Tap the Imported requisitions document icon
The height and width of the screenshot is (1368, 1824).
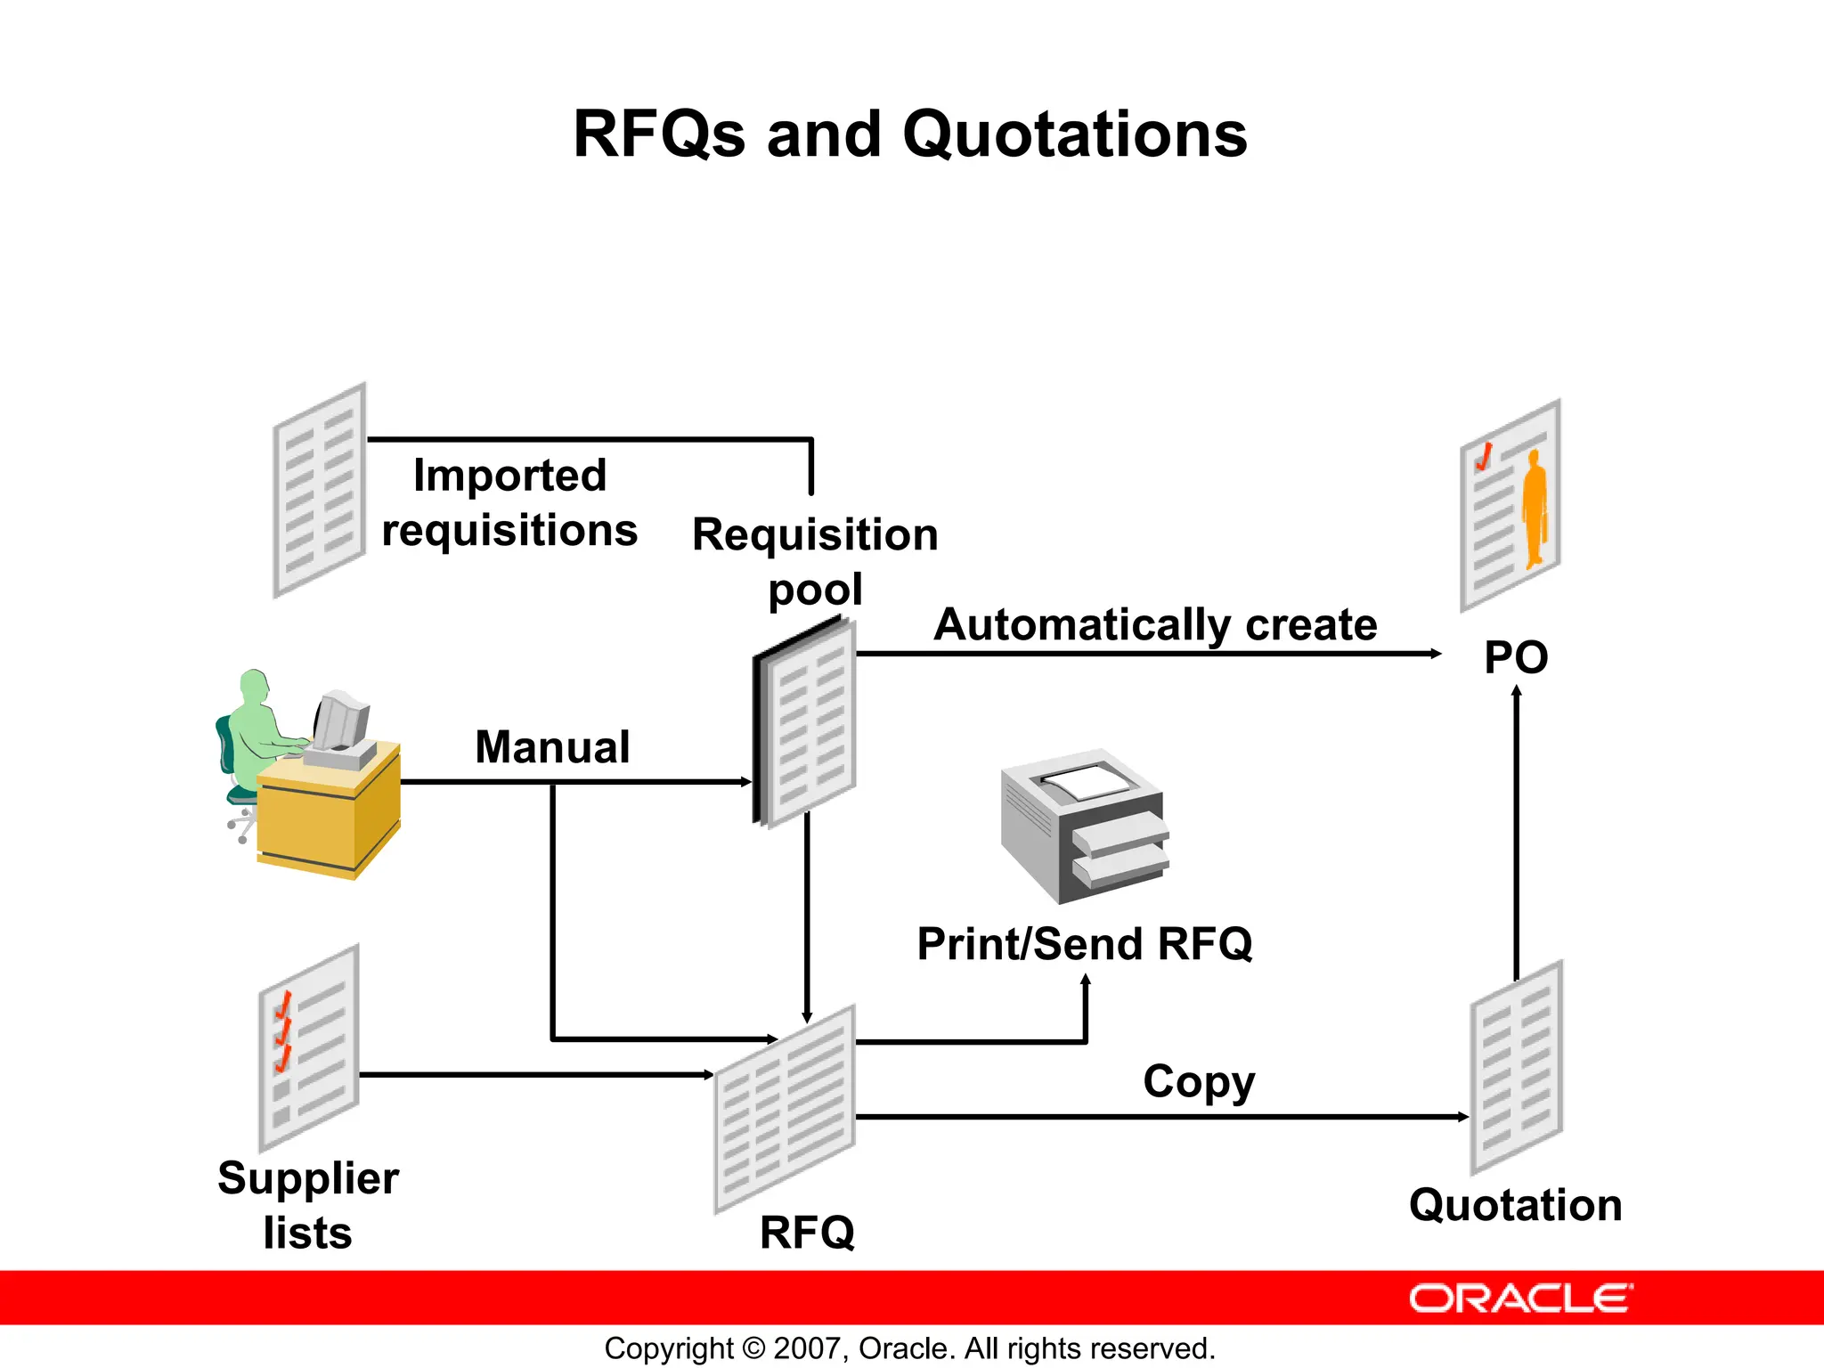pos(319,490)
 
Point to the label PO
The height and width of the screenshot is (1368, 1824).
pos(1516,658)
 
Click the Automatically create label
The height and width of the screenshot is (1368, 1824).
pos(1155,624)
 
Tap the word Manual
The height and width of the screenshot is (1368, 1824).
pos(552,746)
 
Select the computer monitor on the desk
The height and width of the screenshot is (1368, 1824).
pos(340,721)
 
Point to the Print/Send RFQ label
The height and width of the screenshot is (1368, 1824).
pos(1084,944)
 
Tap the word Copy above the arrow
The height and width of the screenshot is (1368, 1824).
pos(1199,1082)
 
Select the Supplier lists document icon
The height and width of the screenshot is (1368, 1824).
pos(308,1048)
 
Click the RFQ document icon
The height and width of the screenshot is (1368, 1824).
pos(785,1110)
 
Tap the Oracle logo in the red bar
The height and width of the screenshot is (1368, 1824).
pos(1520,1299)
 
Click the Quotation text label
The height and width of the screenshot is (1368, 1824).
pos(1515,1205)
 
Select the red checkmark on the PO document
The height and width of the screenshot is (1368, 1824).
pos(1484,458)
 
